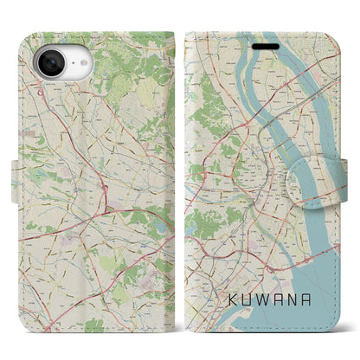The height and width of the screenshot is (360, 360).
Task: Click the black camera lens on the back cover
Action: click(47, 64)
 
